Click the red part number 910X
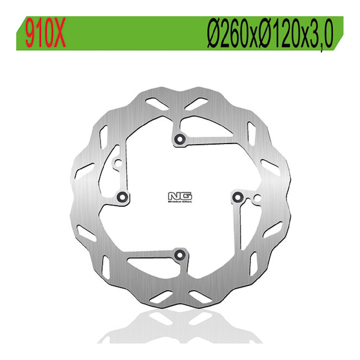point(46,34)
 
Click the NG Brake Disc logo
point(180,198)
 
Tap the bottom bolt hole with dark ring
point(179,254)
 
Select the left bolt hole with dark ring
point(122,196)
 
